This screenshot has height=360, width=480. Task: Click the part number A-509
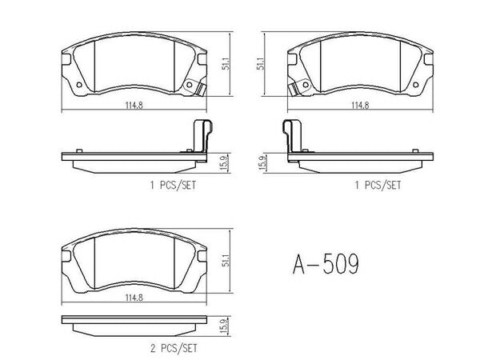(x=326, y=264)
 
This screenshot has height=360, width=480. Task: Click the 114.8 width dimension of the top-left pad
(x=134, y=106)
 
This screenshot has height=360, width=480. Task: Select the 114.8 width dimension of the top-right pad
(x=360, y=106)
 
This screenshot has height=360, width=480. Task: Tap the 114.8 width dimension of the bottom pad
(x=134, y=298)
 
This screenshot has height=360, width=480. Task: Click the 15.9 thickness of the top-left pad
(x=224, y=163)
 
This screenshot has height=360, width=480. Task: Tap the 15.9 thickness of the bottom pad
(x=224, y=326)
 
